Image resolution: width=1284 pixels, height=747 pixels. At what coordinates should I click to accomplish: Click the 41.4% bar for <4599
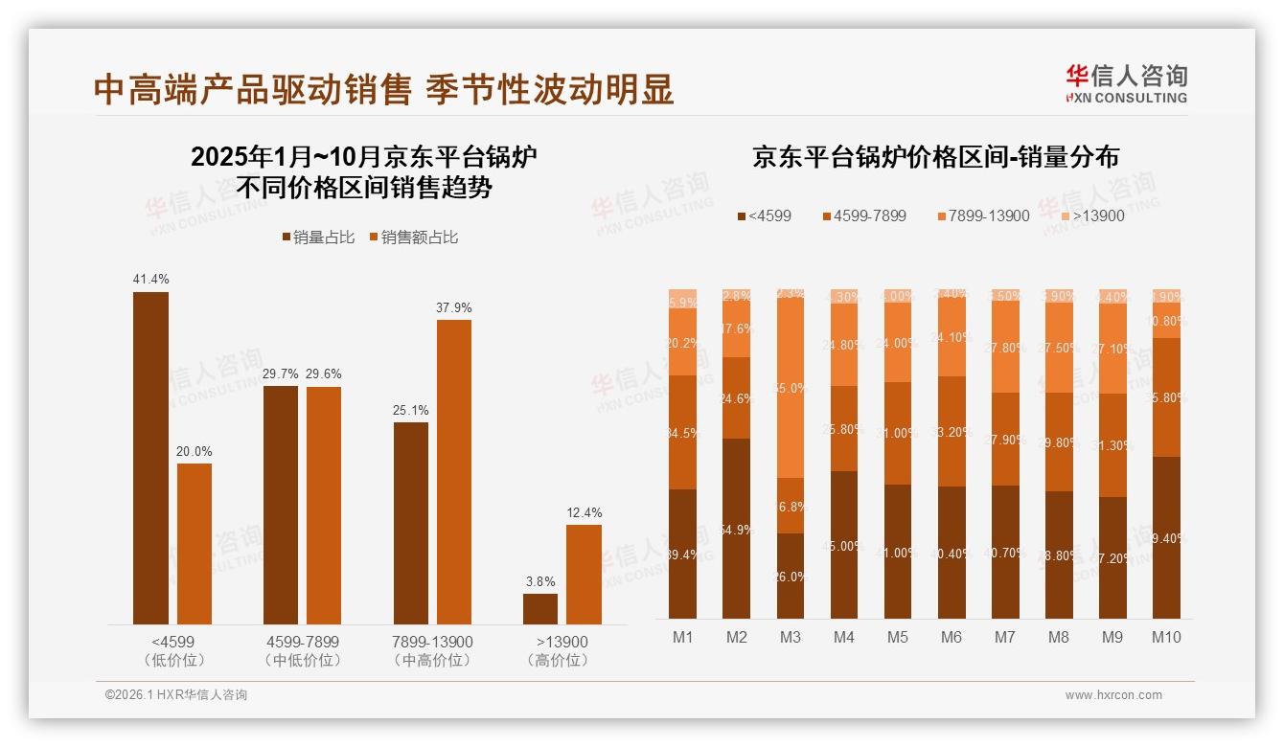[150, 458]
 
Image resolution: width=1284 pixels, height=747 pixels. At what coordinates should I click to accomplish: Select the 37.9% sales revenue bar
[454, 471]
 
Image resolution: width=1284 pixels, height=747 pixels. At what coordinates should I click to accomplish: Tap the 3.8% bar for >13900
[540, 609]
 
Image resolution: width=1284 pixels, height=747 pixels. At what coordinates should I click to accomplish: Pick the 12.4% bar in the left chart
[584, 575]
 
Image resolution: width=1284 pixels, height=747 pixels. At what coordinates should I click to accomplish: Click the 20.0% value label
[195, 451]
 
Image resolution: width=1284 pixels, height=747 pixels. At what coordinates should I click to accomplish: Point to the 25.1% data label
[411, 410]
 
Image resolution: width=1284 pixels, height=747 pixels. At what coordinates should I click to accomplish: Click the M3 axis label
[791, 637]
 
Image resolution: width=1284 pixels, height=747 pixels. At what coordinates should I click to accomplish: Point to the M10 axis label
[1166, 637]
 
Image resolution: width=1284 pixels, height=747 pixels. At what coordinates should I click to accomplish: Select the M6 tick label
[952, 637]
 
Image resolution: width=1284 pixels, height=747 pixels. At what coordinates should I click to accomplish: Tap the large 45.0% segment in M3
[791, 389]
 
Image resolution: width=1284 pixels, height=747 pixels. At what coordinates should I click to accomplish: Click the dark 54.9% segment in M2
[737, 529]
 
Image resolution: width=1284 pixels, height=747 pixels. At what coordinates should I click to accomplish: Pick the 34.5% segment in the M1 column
[683, 433]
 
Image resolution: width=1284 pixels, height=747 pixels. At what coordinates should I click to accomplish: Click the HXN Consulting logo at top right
[1126, 82]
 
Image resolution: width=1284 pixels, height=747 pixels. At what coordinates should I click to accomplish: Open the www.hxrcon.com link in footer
[1113, 695]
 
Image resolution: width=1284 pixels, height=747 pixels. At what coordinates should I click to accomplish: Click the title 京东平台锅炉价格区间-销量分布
[935, 157]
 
